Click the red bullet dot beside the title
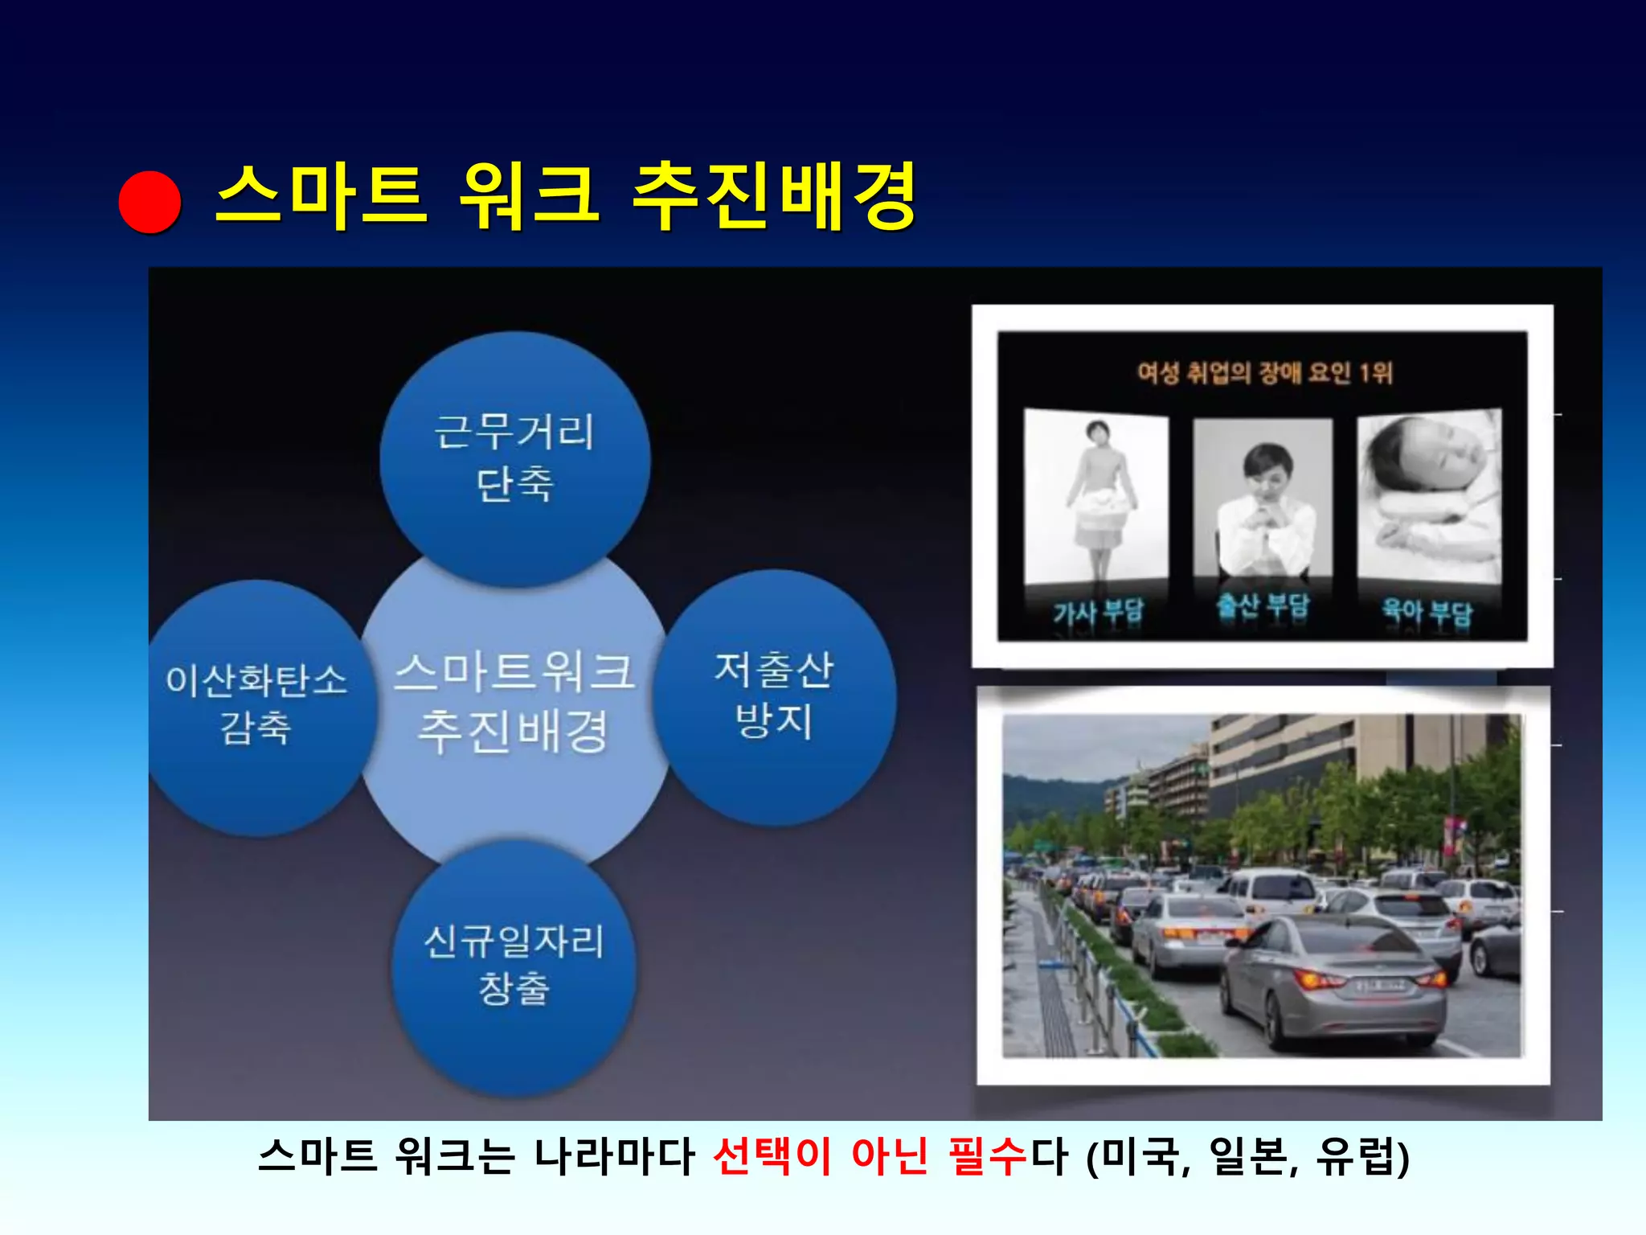(149, 203)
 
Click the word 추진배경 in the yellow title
(774, 197)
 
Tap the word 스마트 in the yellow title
(320, 197)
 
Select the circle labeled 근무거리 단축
(514, 458)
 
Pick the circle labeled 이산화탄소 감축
(256, 706)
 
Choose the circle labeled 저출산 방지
(775, 696)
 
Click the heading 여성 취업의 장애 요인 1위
(1263, 373)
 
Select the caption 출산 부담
(1263, 606)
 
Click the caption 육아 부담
(1427, 611)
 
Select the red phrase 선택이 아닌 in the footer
(820, 1156)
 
